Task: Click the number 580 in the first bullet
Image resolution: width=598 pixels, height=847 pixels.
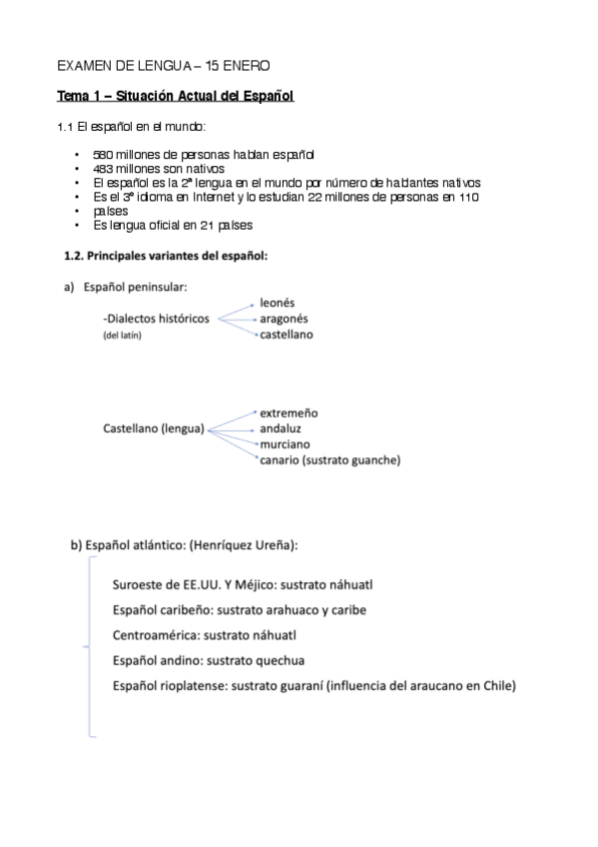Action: click(x=103, y=155)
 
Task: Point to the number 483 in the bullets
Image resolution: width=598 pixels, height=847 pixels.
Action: click(x=103, y=169)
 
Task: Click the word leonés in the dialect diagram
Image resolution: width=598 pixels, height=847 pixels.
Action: click(x=277, y=302)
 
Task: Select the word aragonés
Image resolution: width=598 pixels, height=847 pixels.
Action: click(x=283, y=318)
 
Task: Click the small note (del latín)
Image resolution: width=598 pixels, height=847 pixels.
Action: click(x=123, y=336)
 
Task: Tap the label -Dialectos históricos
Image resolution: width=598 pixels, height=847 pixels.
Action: click(x=157, y=319)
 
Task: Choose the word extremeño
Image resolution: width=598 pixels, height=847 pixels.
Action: click(x=289, y=413)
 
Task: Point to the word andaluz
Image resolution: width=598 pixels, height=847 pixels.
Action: click(x=281, y=428)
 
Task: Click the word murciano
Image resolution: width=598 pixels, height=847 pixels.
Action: click(x=285, y=443)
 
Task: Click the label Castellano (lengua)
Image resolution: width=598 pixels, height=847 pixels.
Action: click(x=154, y=428)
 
